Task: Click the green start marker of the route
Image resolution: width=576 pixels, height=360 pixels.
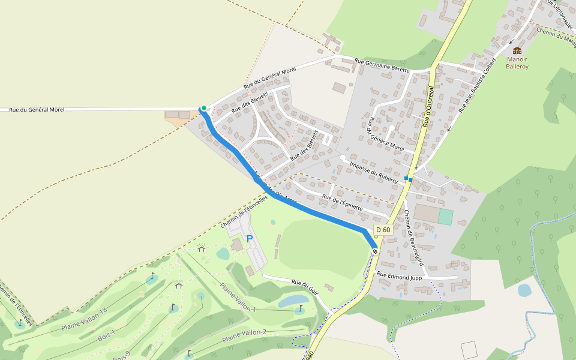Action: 204,108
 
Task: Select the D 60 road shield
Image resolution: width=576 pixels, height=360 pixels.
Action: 383,230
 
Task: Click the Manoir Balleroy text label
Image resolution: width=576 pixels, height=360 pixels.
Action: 517,63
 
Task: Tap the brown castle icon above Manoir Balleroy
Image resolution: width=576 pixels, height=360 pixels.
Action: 517,50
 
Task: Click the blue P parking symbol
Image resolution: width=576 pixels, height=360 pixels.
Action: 250,239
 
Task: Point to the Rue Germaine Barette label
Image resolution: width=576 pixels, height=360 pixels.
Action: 382,65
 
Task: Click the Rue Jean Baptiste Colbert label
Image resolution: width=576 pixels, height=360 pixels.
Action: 478,86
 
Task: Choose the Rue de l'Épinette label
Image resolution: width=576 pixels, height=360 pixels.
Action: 343,202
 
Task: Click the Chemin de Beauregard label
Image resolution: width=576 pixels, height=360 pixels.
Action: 414,238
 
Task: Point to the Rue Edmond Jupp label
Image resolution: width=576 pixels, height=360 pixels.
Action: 400,276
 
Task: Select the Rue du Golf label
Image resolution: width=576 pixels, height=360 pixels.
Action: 305,284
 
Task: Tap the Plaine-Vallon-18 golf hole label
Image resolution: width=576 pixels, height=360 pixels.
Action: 84,320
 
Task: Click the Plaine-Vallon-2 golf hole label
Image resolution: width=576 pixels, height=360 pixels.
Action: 244,336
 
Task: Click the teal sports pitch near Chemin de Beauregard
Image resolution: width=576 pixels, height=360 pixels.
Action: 445,217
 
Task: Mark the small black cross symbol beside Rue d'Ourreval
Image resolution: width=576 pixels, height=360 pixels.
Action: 416,167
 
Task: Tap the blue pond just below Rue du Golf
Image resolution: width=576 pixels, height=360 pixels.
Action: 294,300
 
